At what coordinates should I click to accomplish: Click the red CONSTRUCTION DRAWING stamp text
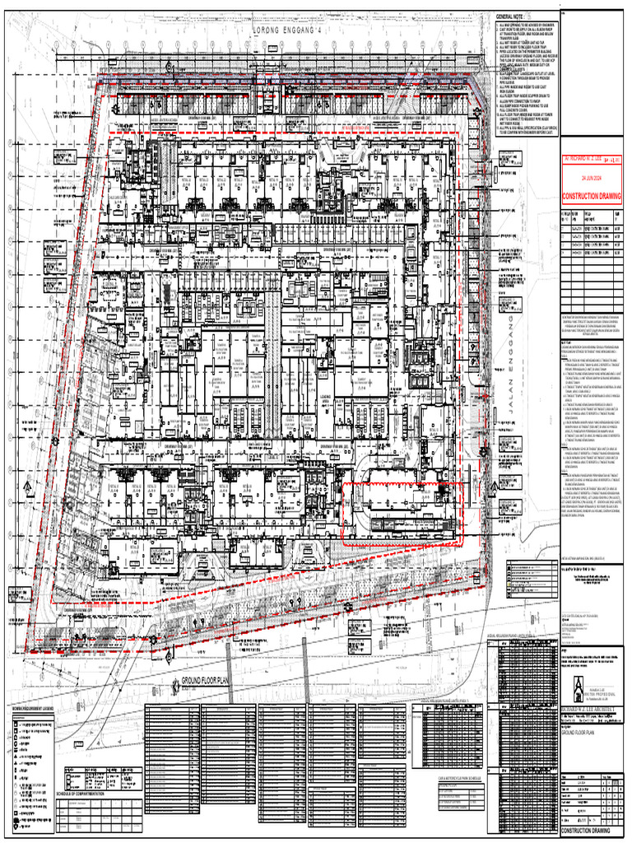(591, 197)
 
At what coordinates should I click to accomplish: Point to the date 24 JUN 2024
(591, 177)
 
